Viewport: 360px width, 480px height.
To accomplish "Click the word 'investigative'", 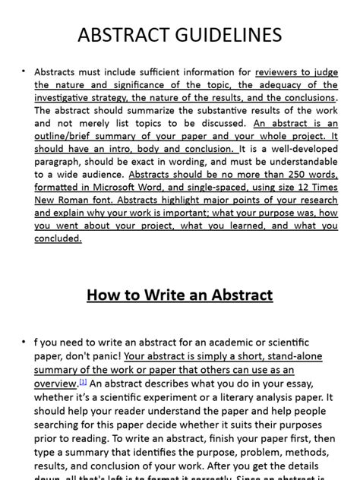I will tap(63, 98).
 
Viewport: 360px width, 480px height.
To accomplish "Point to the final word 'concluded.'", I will tap(58, 238).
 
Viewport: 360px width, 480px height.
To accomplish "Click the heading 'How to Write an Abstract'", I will tap(180, 295).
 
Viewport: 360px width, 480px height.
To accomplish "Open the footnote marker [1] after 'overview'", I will tap(84, 382).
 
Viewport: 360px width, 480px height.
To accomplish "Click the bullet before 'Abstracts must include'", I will tap(24, 72).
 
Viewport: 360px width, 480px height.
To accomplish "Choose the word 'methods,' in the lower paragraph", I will tap(306, 452).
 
